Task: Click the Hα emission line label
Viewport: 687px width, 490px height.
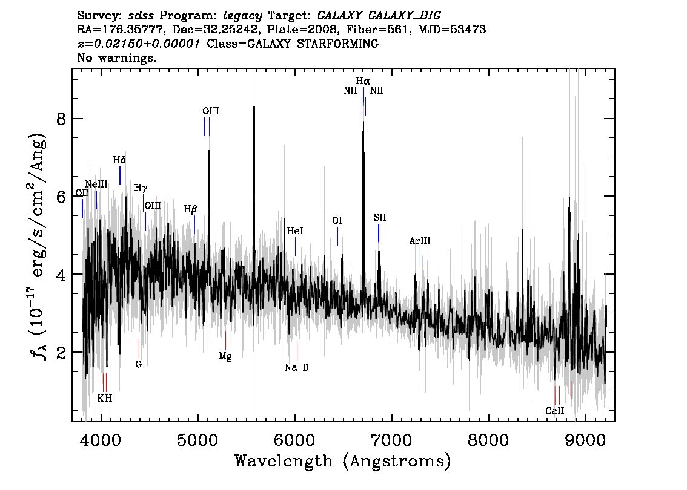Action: tap(363, 81)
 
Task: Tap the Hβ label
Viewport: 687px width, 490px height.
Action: tap(191, 209)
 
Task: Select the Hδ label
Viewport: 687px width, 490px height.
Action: tap(119, 160)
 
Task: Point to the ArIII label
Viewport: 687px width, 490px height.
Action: tap(420, 241)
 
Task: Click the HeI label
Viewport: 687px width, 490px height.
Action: tap(295, 231)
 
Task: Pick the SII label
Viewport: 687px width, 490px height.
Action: tap(379, 217)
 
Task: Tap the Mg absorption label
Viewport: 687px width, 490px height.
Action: tap(225, 356)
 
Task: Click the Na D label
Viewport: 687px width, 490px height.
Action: tap(297, 368)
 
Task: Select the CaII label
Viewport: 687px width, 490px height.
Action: tap(555, 411)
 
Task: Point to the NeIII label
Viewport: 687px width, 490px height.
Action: tap(96, 184)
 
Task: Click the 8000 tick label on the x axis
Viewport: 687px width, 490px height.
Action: tap(488, 440)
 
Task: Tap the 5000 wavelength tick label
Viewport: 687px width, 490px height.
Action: tap(197, 440)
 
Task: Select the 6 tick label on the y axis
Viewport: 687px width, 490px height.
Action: tap(61, 197)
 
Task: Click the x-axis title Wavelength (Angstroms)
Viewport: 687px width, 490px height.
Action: tap(343, 461)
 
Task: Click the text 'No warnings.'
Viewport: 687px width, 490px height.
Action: tap(117, 57)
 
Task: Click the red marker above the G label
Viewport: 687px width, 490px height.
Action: tap(139, 348)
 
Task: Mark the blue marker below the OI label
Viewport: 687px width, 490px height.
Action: tap(337, 237)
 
